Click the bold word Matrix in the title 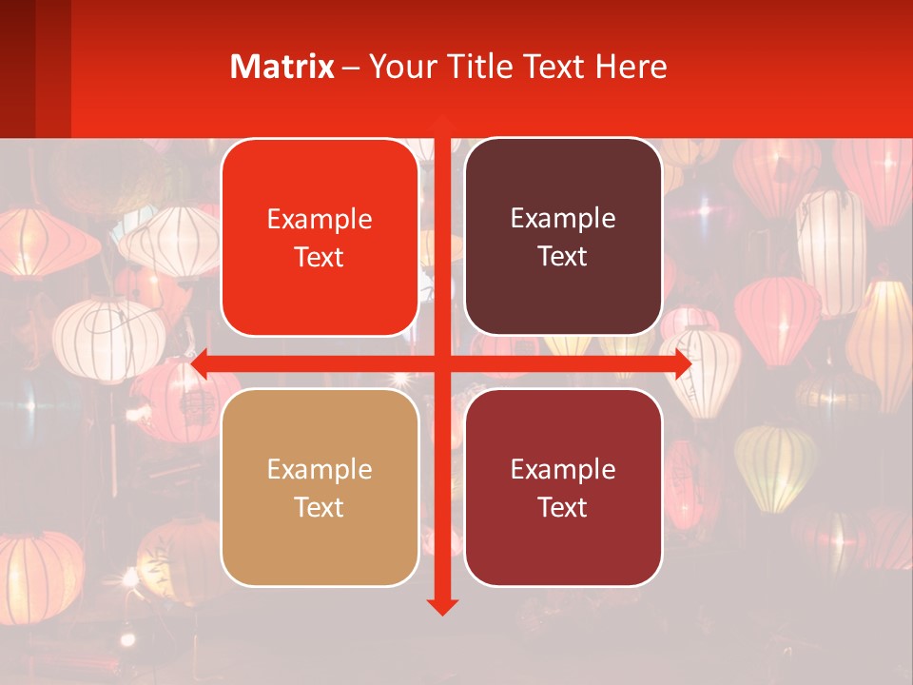tap(282, 67)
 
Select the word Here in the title tap(631, 67)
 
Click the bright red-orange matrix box tap(320, 295)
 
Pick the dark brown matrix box tap(563, 295)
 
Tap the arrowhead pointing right tap(682, 363)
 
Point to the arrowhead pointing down tap(441, 606)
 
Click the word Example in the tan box tap(320, 470)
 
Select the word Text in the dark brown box tap(563, 257)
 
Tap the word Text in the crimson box tap(563, 507)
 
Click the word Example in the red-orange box tap(320, 220)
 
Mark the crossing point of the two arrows tap(441, 363)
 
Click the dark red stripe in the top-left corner tap(17, 67)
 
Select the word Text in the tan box tap(320, 507)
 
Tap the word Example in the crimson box tap(563, 470)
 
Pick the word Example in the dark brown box tap(563, 220)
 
